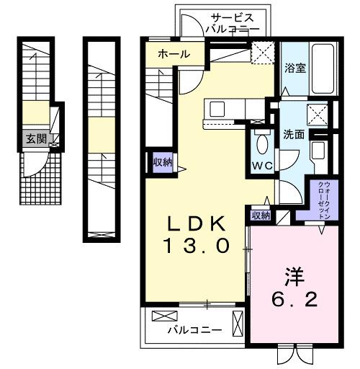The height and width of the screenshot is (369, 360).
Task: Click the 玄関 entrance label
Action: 35,140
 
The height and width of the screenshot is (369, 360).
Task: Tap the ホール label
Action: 174,54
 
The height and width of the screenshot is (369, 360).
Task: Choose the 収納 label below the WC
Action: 261,215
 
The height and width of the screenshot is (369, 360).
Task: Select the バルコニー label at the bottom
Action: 194,330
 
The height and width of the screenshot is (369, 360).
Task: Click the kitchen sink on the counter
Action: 217,109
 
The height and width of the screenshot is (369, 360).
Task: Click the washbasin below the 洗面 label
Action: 318,152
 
